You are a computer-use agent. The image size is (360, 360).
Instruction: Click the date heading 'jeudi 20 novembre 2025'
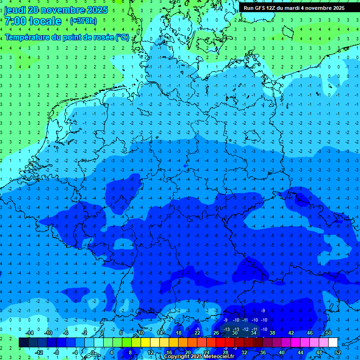56,10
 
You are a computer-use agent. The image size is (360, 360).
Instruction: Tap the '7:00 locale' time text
33,21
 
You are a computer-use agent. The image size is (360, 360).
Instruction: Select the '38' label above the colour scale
272,333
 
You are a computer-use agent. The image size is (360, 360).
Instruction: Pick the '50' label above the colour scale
329,333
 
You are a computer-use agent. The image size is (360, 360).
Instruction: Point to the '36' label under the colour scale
263,352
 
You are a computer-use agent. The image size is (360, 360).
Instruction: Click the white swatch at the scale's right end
333,343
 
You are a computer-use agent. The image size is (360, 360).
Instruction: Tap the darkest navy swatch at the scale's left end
24,343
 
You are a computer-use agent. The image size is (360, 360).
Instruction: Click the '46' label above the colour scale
310,333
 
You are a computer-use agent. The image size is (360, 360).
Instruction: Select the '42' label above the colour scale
291,333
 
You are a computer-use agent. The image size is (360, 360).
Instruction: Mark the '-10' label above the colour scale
47,333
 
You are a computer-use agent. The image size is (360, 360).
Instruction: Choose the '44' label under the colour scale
300,352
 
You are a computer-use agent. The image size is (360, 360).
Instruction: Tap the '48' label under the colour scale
319,352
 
